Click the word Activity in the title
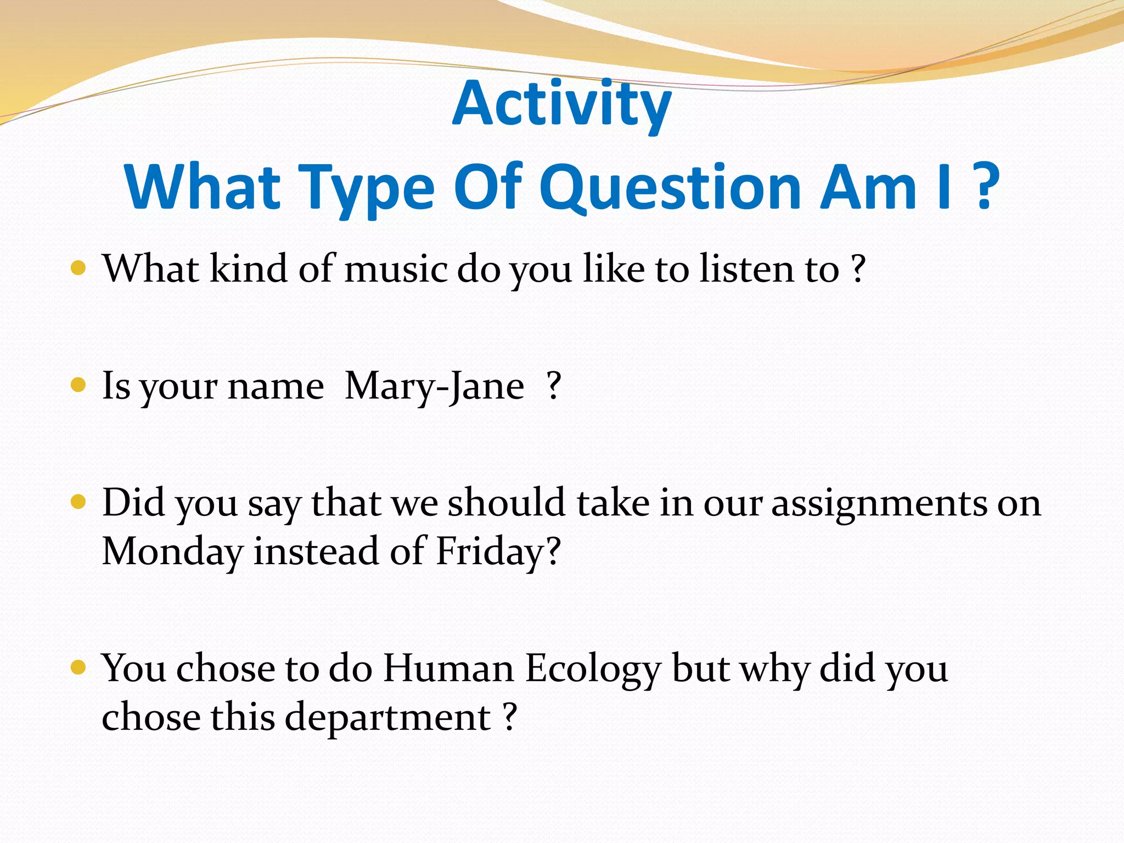coord(561,104)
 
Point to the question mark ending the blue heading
coord(985,187)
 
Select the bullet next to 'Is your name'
coord(78,385)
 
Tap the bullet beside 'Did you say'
coord(78,502)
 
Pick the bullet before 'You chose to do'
coord(78,667)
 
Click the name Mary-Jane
coord(434,386)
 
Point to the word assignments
coord(879,504)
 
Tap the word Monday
coord(172,552)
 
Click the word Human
coord(448,668)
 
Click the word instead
coord(316,551)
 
